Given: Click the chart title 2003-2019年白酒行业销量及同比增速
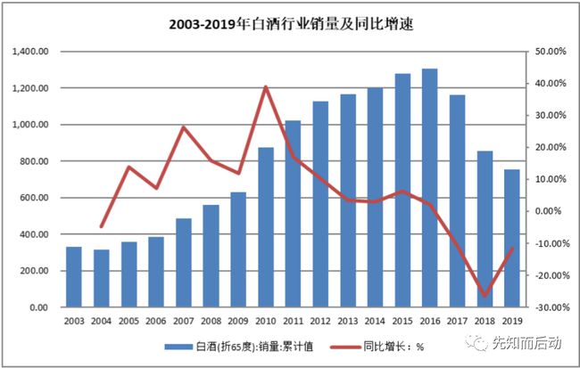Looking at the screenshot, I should click(x=291, y=25).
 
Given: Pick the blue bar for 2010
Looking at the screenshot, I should click(x=266, y=227).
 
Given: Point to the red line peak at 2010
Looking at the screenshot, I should click(x=266, y=86).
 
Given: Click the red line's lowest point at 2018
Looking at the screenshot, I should click(x=485, y=295).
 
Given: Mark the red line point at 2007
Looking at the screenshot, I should click(x=184, y=127).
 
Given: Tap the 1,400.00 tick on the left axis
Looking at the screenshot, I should click(x=34, y=52).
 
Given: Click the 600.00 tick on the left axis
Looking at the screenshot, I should click(x=37, y=198).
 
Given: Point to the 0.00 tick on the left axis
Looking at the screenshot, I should click(x=41, y=307).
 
